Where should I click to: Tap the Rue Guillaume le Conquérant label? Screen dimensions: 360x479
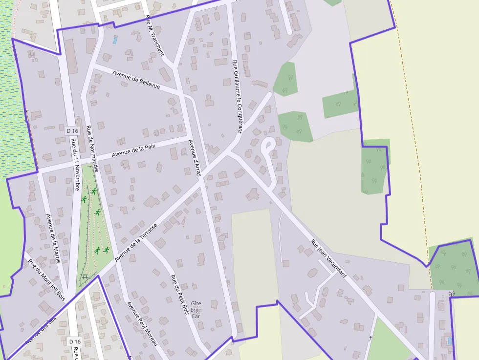(237, 96)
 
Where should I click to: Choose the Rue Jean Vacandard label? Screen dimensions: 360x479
(328, 258)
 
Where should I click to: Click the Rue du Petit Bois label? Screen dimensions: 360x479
(179, 295)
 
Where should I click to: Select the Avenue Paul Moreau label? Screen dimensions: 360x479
(142, 324)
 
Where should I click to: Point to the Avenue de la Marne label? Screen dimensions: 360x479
(53, 238)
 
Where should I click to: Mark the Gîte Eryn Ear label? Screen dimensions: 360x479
(196, 309)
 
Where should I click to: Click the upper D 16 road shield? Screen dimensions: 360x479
(72, 130)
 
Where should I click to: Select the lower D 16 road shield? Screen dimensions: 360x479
(74, 341)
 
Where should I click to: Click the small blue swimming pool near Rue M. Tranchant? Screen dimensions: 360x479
(115, 40)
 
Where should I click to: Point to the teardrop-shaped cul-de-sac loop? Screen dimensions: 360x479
(268, 145)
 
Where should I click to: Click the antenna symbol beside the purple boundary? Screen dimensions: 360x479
(451, 294)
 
